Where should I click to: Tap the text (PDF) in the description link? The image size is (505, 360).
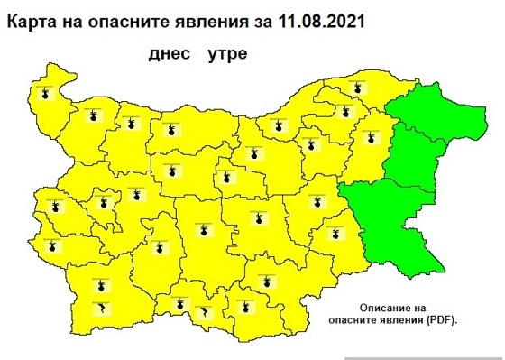(438, 321)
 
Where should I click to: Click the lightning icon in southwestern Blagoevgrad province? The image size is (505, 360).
(100, 309)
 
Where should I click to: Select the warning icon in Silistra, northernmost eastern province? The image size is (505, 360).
(359, 88)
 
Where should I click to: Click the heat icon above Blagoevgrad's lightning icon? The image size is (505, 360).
(100, 287)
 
